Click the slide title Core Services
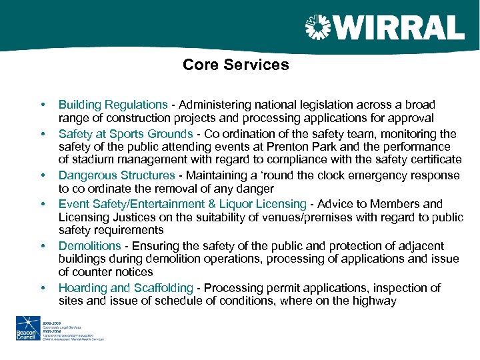[235, 65]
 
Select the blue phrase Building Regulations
[113, 105]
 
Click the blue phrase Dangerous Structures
[116, 175]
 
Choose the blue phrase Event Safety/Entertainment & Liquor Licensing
[182, 204]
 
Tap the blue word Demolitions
[89, 245]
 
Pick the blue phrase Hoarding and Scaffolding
[125, 288]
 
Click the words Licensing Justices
[102, 217]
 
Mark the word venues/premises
[310, 217]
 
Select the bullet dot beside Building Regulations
[43, 105]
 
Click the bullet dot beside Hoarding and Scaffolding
[43, 288]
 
